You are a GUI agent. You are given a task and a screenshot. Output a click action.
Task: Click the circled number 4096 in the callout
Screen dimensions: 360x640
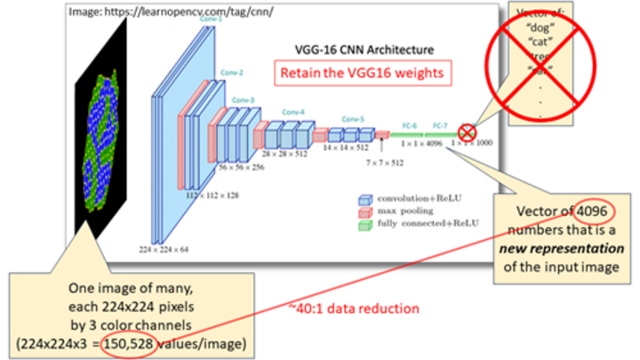pos(588,214)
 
